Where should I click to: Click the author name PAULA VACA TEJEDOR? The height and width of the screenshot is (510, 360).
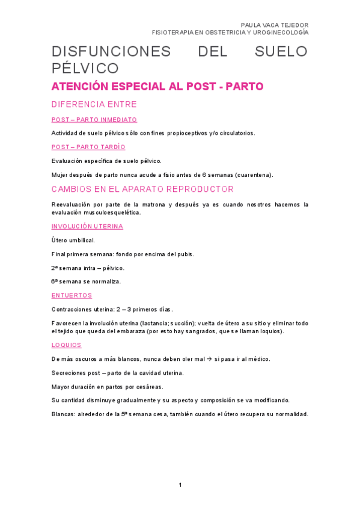click(x=274, y=25)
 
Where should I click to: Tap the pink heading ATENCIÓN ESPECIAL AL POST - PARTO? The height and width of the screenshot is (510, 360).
click(x=157, y=87)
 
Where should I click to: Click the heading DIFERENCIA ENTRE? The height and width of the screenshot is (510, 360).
click(x=94, y=104)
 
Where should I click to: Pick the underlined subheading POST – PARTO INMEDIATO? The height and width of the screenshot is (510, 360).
click(x=94, y=120)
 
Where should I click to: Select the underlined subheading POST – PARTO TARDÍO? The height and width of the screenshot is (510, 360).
click(x=88, y=147)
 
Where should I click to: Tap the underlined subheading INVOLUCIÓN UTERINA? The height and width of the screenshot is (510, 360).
click(x=87, y=226)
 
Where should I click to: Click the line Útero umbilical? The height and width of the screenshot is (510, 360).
click(x=73, y=240)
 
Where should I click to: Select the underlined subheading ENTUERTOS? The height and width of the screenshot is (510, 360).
click(x=72, y=295)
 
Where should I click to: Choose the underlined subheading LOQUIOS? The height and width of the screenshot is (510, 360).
click(x=66, y=345)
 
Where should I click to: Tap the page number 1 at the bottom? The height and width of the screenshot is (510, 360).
click(x=180, y=485)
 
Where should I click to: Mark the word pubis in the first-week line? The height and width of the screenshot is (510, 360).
click(x=185, y=254)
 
